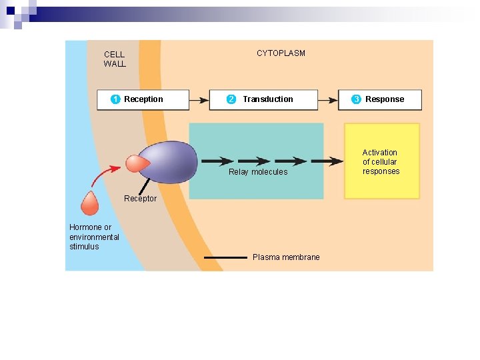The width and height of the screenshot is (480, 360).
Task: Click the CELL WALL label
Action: (115, 59)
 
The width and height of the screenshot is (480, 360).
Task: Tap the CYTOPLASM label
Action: (281, 53)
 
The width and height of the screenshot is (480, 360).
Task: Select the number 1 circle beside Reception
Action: (115, 99)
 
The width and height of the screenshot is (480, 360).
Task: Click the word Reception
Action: (143, 99)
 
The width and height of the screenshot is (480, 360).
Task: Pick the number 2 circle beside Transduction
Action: (231, 99)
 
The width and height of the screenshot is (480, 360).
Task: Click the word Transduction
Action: (267, 99)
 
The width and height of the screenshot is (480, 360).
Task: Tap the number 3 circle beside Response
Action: (357, 99)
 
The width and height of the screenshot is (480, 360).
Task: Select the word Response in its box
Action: (385, 99)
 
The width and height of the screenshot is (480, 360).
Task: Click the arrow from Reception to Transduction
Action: (199, 100)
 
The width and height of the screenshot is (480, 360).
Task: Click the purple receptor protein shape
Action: (170, 162)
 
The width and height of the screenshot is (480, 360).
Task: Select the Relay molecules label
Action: (258, 172)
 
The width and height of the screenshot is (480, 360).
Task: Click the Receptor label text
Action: (140, 199)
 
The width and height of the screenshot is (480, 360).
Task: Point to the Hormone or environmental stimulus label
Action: (94, 237)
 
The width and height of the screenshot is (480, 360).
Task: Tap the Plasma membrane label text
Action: (286, 257)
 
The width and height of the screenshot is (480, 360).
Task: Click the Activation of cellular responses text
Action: (381, 162)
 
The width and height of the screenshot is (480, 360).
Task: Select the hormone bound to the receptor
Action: (137, 164)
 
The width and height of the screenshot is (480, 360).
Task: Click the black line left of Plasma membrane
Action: (225, 257)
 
